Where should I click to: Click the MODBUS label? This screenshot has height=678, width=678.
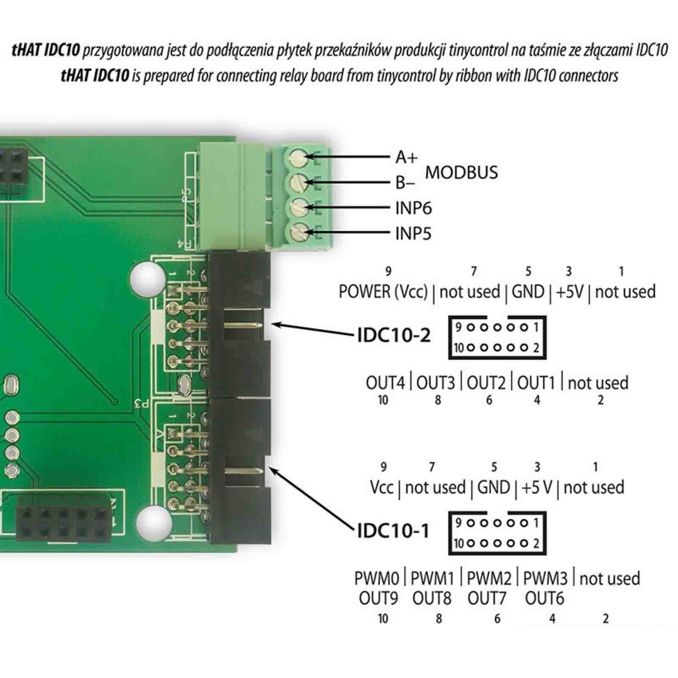pos(461,172)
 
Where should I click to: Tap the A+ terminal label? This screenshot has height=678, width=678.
pos(406,157)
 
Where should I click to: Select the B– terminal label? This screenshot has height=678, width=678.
pos(405,183)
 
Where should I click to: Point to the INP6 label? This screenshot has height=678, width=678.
pos(413,208)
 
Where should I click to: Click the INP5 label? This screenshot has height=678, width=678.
pos(413,233)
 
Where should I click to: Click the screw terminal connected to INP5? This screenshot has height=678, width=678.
pos(299,232)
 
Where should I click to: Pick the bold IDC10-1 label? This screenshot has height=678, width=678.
pos(393,531)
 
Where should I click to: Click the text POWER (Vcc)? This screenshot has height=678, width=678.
pos(383,292)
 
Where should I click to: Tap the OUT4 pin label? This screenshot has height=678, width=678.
pos(386,383)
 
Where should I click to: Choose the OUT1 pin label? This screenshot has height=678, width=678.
pos(536,383)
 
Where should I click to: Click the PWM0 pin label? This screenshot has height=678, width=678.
pos(377,578)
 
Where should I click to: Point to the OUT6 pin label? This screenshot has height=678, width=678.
pos(545,598)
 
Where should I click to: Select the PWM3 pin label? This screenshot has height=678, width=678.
pos(545,578)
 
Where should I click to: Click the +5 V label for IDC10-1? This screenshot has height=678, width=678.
pos(537,487)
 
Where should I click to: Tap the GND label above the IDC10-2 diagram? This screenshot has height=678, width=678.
pos(528,292)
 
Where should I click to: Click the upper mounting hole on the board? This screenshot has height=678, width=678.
pos(147,278)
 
